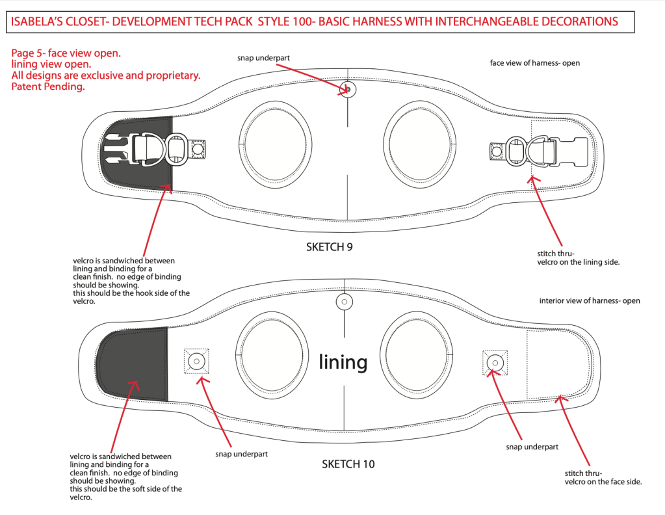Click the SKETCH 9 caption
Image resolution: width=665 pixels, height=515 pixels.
329,247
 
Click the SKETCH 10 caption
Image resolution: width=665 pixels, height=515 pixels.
348,464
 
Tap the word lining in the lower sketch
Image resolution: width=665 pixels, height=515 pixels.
343,362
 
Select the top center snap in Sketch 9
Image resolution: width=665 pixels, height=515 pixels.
348,90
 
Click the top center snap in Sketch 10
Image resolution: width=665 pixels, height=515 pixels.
345,302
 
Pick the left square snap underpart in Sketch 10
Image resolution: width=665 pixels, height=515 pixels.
196,362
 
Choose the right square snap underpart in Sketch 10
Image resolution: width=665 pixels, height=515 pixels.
495,363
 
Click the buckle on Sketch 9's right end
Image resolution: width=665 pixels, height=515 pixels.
539,152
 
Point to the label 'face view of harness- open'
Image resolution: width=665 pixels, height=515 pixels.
535,63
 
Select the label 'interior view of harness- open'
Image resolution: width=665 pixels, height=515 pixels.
590,301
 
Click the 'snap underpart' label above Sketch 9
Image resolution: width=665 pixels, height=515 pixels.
263,58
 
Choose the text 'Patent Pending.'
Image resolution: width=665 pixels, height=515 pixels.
48,86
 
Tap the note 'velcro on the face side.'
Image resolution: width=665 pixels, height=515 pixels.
603,482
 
